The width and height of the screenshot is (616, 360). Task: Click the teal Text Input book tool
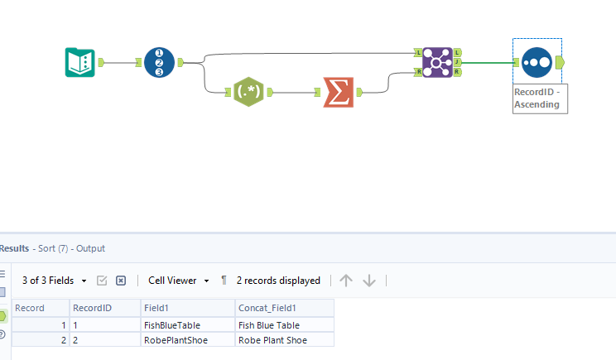coord(80,62)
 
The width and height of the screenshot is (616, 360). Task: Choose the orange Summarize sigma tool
coord(337,91)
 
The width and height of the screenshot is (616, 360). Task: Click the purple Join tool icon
coord(436,62)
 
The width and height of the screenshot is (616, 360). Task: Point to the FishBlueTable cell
coord(173,325)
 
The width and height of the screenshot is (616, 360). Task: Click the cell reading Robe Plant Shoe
coord(271,340)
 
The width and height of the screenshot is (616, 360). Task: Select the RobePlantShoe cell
coord(175,340)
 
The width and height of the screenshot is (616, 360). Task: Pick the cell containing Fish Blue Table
coord(268,325)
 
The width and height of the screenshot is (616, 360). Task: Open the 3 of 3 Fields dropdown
coord(54,281)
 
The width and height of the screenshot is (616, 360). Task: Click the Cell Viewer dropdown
coord(178,281)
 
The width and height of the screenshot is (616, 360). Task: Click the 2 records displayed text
coord(278,281)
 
